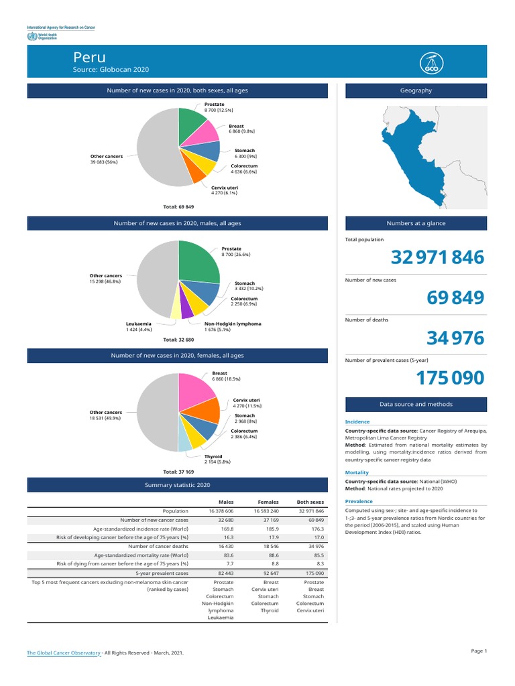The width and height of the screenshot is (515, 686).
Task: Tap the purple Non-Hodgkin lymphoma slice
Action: tap(186, 308)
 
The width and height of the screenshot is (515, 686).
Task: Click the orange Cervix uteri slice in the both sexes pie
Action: tap(196, 173)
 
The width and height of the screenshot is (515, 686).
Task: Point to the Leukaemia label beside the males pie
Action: tap(139, 324)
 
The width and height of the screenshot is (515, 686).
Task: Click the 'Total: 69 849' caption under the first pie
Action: tap(178, 207)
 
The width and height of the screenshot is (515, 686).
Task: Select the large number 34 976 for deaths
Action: tap(455, 338)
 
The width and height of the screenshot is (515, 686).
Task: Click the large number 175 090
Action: tap(449, 379)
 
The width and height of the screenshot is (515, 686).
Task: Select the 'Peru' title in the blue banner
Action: tap(89, 58)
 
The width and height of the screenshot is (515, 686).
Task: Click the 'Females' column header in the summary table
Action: tap(268, 502)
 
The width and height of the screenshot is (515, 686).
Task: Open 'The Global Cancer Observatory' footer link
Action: tap(63, 652)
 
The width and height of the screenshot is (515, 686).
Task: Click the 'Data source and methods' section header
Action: tap(416, 404)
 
